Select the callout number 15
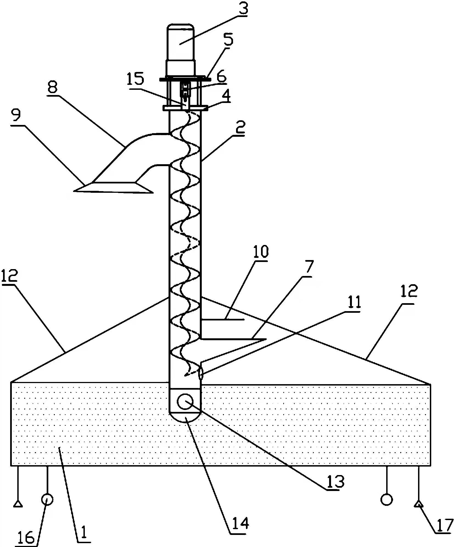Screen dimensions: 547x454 pos(135,79)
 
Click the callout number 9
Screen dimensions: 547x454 pos(16,116)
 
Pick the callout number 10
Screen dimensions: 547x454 pos(260,252)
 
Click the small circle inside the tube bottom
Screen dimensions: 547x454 pos(185,401)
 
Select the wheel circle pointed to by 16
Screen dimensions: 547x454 pos(47,500)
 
